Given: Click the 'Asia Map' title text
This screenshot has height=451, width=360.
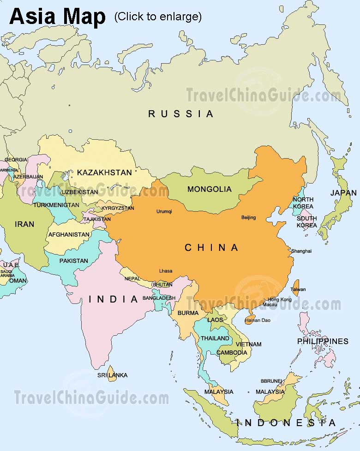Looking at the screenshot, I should pyautogui.click(x=57, y=17).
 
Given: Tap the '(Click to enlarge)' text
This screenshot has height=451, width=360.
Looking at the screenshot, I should pyautogui.click(x=158, y=17).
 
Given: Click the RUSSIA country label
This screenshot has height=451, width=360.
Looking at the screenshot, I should pyautogui.click(x=181, y=113).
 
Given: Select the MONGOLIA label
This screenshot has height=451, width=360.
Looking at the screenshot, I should pyautogui.click(x=209, y=189).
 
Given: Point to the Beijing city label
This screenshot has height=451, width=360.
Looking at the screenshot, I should pyautogui.click(x=248, y=217).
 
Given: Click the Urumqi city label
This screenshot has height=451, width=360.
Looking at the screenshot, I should pyautogui.click(x=164, y=212).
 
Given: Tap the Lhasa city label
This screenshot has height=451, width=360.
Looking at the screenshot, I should pyautogui.click(x=165, y=271).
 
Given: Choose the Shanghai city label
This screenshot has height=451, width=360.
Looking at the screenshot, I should pyautogui.click(x=301, y=251).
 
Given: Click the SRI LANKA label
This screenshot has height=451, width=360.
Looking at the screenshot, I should pyautogui.click(x=112, y=375).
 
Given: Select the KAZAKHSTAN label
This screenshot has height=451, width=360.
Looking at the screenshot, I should pyautogui.click(x=104, y=172).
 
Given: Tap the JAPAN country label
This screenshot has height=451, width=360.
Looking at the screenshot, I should pyautogui.click(x=343, y=193).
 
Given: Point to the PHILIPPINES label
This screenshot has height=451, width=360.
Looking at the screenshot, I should pyautogui.click(x=322, y=341).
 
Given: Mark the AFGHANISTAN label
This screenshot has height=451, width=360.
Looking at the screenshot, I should pyautogui.click(x=69, y=234).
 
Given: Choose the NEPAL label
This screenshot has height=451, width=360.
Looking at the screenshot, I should pyautogui.click(x=133, y=279).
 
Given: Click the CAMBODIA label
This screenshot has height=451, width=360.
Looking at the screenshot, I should pyautogui.click(x=232, y=352).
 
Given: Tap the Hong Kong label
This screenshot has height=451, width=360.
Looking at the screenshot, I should pyautogui.click(x=280, y=299).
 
